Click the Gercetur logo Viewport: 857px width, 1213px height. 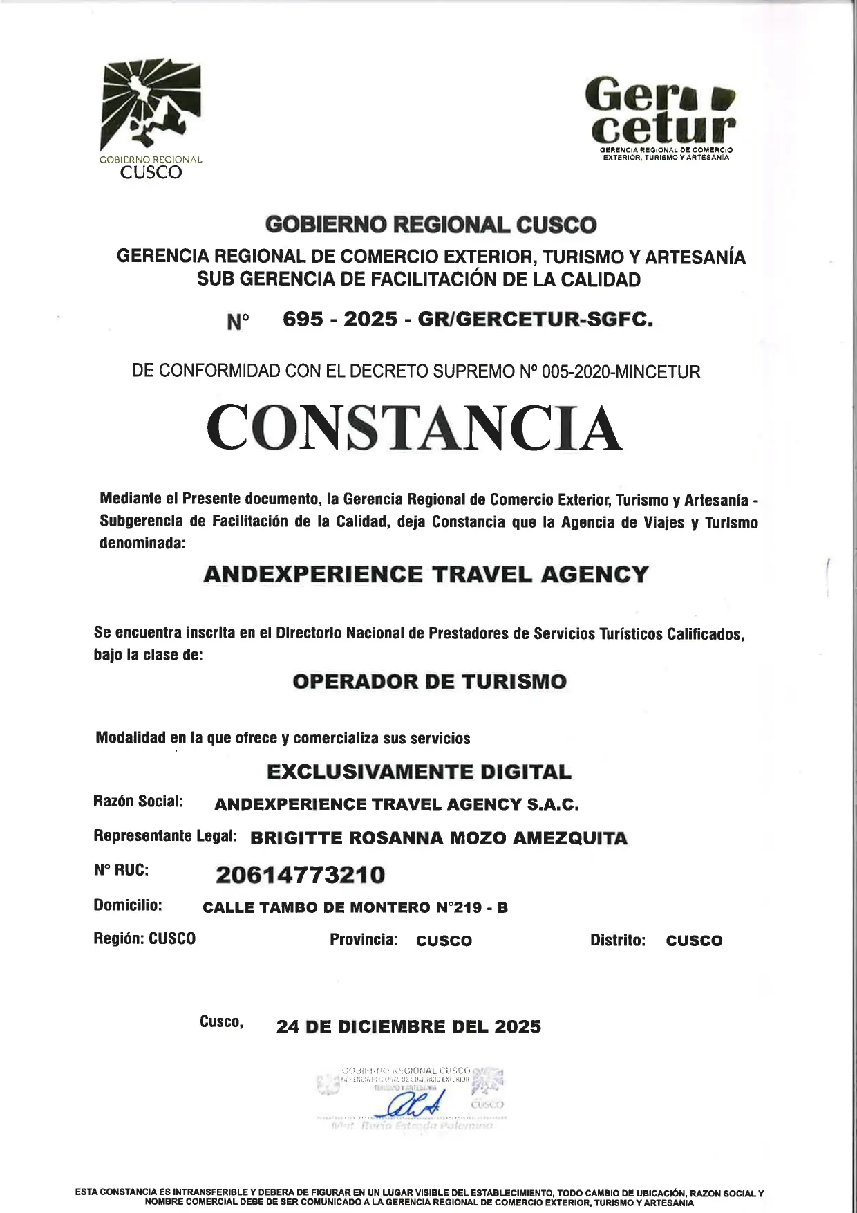pyautogui.click(x=661, y=118)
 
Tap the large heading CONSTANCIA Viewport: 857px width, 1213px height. pyautogui.click(x=415, y=428)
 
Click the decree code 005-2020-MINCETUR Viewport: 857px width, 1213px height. pyautogui.click(x=621, y=372)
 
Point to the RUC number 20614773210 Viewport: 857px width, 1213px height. pyautogui.click(x=300, y=875)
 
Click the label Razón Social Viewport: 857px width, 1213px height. pyautogui.click(x=138, y=802)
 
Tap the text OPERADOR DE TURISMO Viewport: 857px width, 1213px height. pyautogui.click(x=429, y=682)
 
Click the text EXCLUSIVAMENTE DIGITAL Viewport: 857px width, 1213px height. pyautogui.click(x=419, y=772)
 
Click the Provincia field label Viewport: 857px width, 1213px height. pyautogui.click(x=364, y=940)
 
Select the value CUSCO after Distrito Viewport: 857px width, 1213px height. pyautogui.click(x=694, y=941)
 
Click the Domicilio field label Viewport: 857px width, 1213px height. pyautogui.click(x=128, y=906)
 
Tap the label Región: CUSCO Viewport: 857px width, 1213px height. pyautogui.click(x=144, y=939)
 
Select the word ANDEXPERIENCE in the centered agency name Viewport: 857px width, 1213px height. pyautogui.click(x=312, y=575)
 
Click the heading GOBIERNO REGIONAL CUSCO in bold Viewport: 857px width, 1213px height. pyautogui.click(x=430, y=225)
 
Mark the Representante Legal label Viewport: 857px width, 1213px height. pyautogui.click(x=165, y=836)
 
